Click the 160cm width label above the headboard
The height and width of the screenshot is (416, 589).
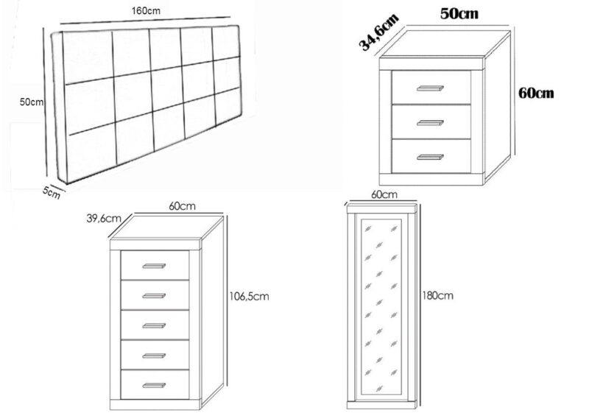click(x=146, y=11)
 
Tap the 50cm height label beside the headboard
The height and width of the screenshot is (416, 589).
click(x=32, y=102)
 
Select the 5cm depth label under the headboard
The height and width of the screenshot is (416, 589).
click(x=51, y=192)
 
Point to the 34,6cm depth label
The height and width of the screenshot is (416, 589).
click(x=378, y=32)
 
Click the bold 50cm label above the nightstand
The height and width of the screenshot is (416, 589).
click(x=459, y=14)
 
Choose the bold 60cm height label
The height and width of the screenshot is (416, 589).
click(x=536, y=93)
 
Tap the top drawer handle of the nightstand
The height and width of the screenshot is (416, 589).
click(x=430, y=88)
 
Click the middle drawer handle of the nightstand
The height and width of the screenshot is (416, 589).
click(x=430, y=123)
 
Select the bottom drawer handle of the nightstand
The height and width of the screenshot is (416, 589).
click(x=430, y=157)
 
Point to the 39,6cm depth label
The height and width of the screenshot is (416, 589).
click(x=104, y=219)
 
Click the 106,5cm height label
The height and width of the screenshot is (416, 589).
click(x=249, y=297)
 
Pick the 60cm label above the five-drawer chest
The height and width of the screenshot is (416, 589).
click(x=182, y=206)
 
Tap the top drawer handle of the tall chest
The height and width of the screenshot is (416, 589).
click(x=154, y=266)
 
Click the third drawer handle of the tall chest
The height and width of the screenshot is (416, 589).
click(x=154, y=326)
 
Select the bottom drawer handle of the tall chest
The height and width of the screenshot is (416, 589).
click(x=154, y=386)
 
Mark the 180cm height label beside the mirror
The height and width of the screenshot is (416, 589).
click(x=437, y=296)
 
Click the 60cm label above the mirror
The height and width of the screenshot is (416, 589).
click(x=384, y=194)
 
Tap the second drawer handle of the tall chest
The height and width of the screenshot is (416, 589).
click(x=154, y=296)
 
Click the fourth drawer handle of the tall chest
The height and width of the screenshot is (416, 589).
click(x=154, y=356)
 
